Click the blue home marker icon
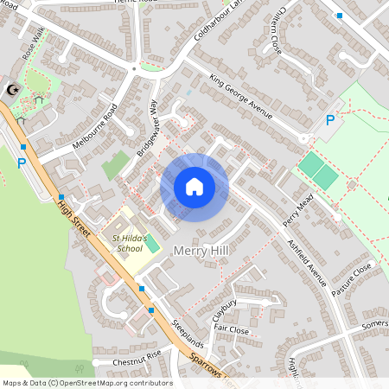click(194, 187)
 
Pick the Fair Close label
click(232, 330)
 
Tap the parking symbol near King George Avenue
click(329, 121)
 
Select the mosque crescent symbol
click(12, 89)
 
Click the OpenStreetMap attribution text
click(86, 383)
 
